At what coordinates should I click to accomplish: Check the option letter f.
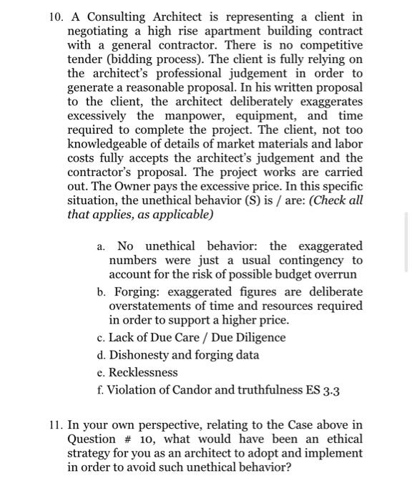tap(102, 390)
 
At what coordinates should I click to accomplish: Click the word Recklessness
tap(144, 373)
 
